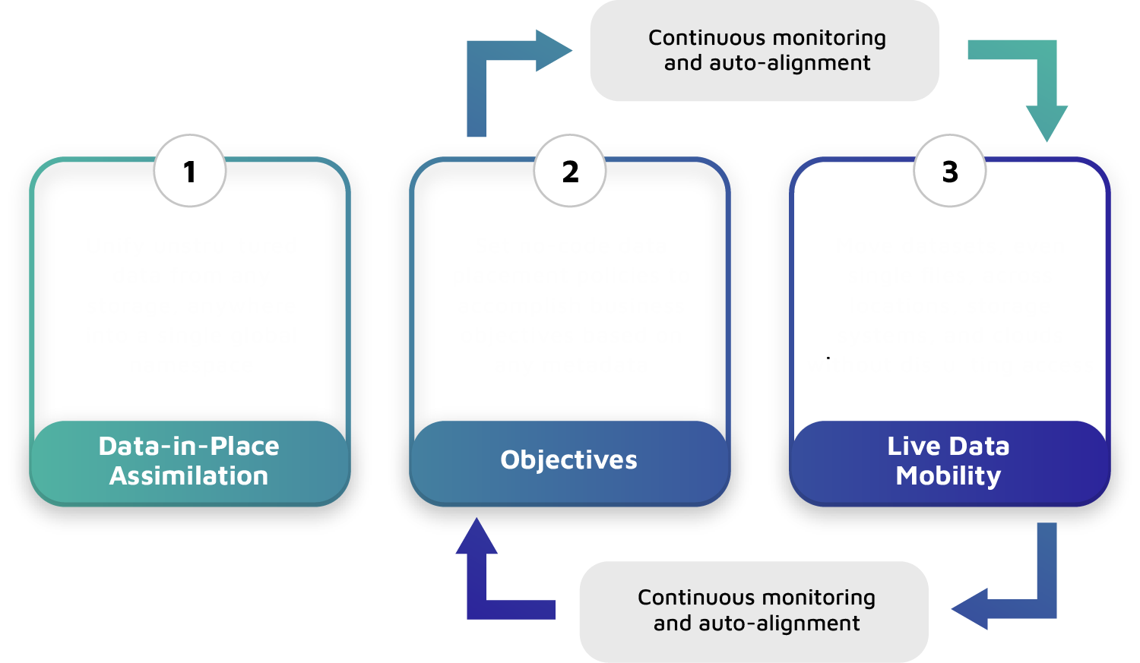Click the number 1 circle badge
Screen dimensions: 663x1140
(190, 172)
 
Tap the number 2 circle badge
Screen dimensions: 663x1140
(570, 172)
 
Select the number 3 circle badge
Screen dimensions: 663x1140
(950, 172)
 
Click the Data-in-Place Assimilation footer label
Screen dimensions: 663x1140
(189, 461)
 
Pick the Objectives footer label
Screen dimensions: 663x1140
(569, 460)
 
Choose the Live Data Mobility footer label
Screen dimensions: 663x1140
(948, 461)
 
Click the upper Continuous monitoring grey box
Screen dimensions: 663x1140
(765, 51)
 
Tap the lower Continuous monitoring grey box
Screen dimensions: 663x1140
(755, 611)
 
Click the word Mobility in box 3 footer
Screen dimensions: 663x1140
(948, 476)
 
